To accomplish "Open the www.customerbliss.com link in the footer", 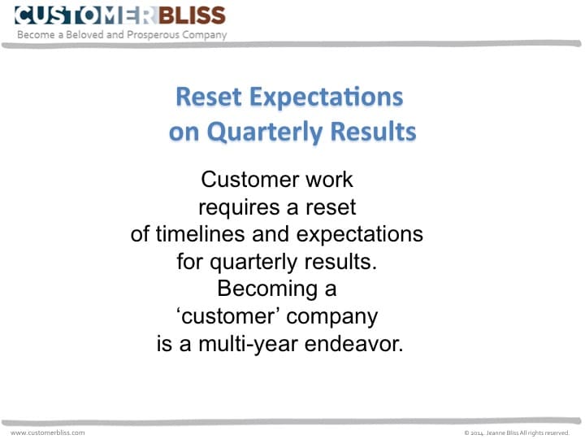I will click(47, 432).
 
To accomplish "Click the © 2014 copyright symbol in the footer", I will click(466, 433).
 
